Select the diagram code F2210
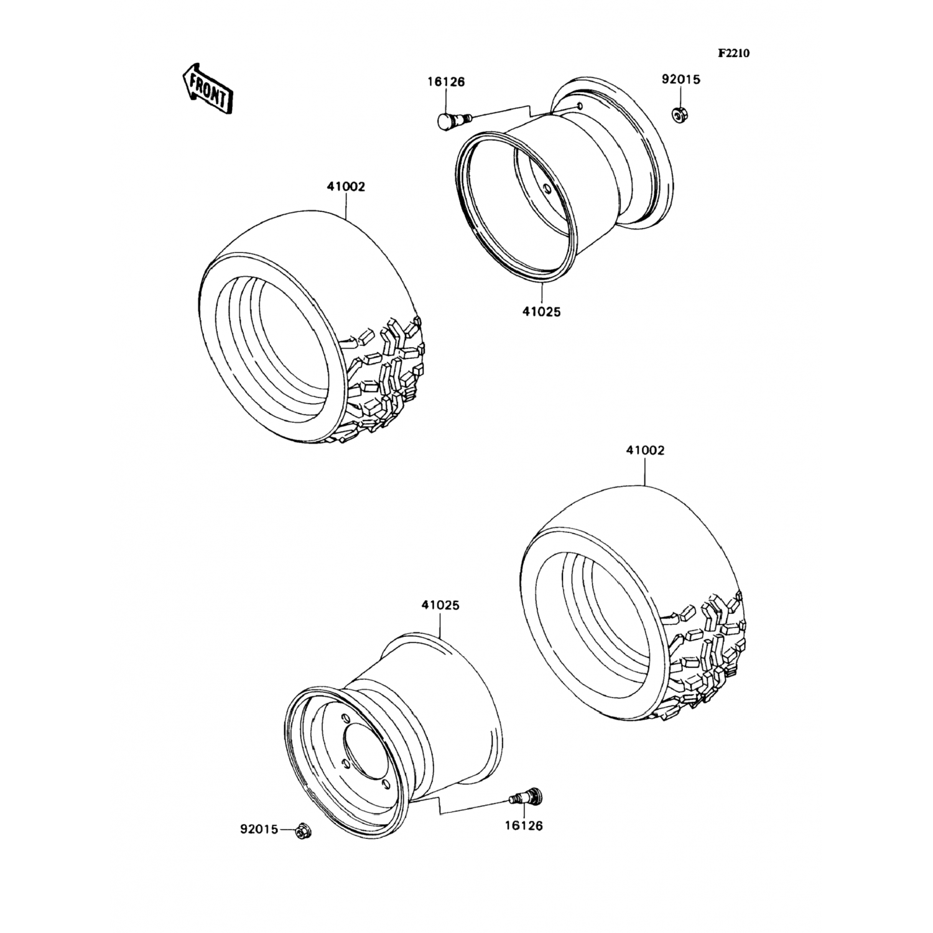point(733,53)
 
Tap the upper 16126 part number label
point(446,81)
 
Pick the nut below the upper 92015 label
point(680,114)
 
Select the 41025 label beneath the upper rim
point(541,312)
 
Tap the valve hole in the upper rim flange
point(580,106)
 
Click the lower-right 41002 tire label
point(645,450)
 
